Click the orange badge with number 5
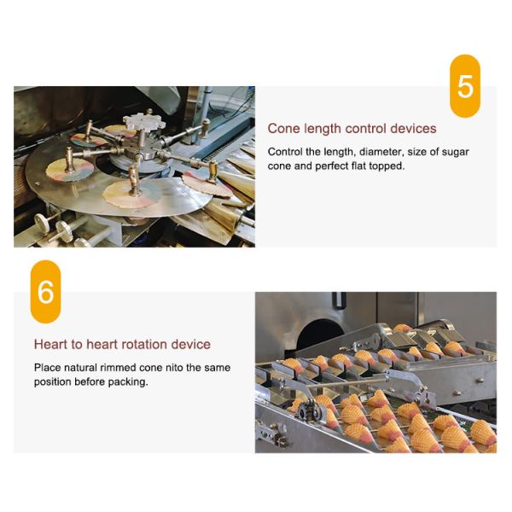[465, 86]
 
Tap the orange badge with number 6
[45, 292]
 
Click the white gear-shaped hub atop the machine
[144, 123]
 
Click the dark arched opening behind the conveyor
[321, 333]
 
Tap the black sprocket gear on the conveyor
[307, 412]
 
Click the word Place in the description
[47, 368]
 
